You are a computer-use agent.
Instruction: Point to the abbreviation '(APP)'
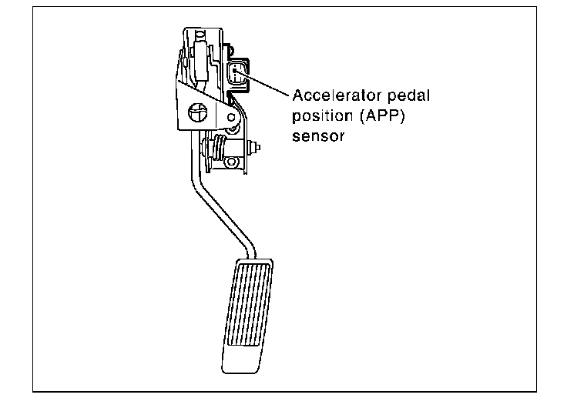382,116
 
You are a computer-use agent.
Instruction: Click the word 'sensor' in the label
318,136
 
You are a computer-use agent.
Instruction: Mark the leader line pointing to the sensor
262,83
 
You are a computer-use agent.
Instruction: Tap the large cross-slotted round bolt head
198,112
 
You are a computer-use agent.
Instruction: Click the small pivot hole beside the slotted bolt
231,117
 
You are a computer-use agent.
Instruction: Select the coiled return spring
218,146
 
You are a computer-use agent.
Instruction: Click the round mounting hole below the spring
231,162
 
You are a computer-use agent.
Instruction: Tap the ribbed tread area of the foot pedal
248,304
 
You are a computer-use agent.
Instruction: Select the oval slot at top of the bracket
200,35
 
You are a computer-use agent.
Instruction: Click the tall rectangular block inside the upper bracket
201,60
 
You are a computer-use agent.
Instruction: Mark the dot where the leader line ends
235,70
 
